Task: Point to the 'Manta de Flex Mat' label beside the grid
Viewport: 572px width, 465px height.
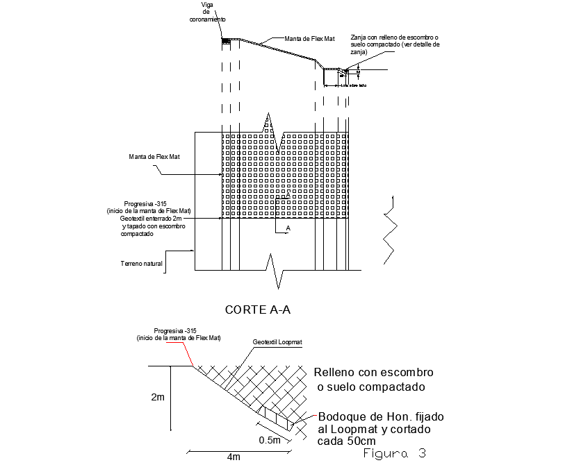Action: pos(154,156)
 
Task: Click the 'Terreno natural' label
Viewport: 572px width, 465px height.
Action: pos(142,264)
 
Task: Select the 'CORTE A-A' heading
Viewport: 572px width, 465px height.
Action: pos(257,310)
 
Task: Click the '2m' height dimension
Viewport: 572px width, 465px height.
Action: pos(158,398)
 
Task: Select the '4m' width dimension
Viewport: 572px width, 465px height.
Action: pos(232,457)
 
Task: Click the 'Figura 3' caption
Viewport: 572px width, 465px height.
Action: pos(394,454)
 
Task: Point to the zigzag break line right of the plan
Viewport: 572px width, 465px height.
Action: pos(391,229)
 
